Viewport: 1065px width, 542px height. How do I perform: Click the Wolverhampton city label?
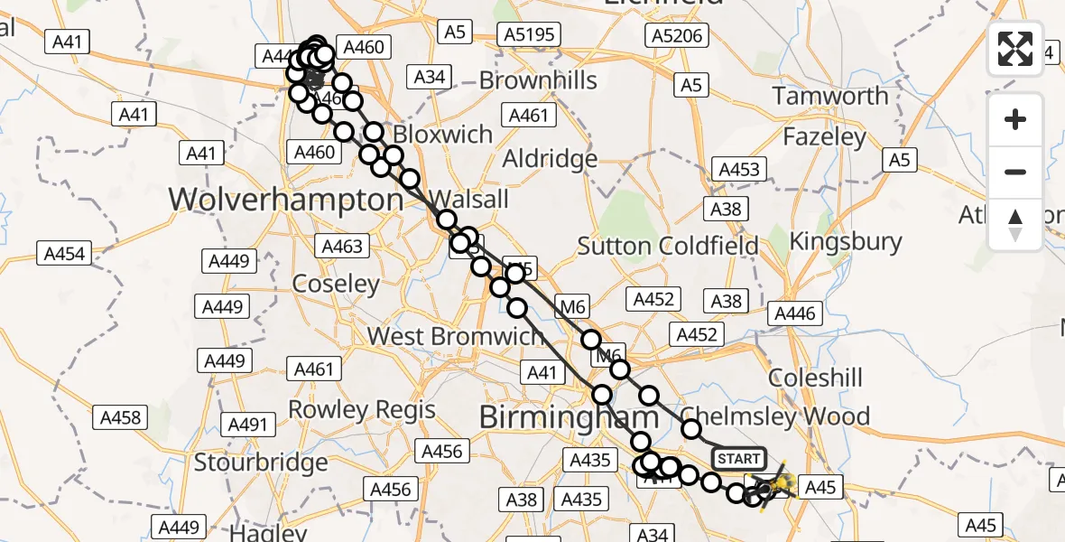285,199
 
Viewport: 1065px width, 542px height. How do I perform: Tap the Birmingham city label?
569,417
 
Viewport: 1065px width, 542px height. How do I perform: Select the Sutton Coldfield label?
668,246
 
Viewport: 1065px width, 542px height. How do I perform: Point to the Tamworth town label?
830,96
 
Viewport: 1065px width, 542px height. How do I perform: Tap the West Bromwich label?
455,336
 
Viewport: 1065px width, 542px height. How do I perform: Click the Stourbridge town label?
261,463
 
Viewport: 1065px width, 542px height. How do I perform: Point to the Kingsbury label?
846,241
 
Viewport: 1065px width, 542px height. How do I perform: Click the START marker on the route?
738,459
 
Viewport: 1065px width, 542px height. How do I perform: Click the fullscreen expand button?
1015,49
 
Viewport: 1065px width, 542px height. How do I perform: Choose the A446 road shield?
794,313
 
